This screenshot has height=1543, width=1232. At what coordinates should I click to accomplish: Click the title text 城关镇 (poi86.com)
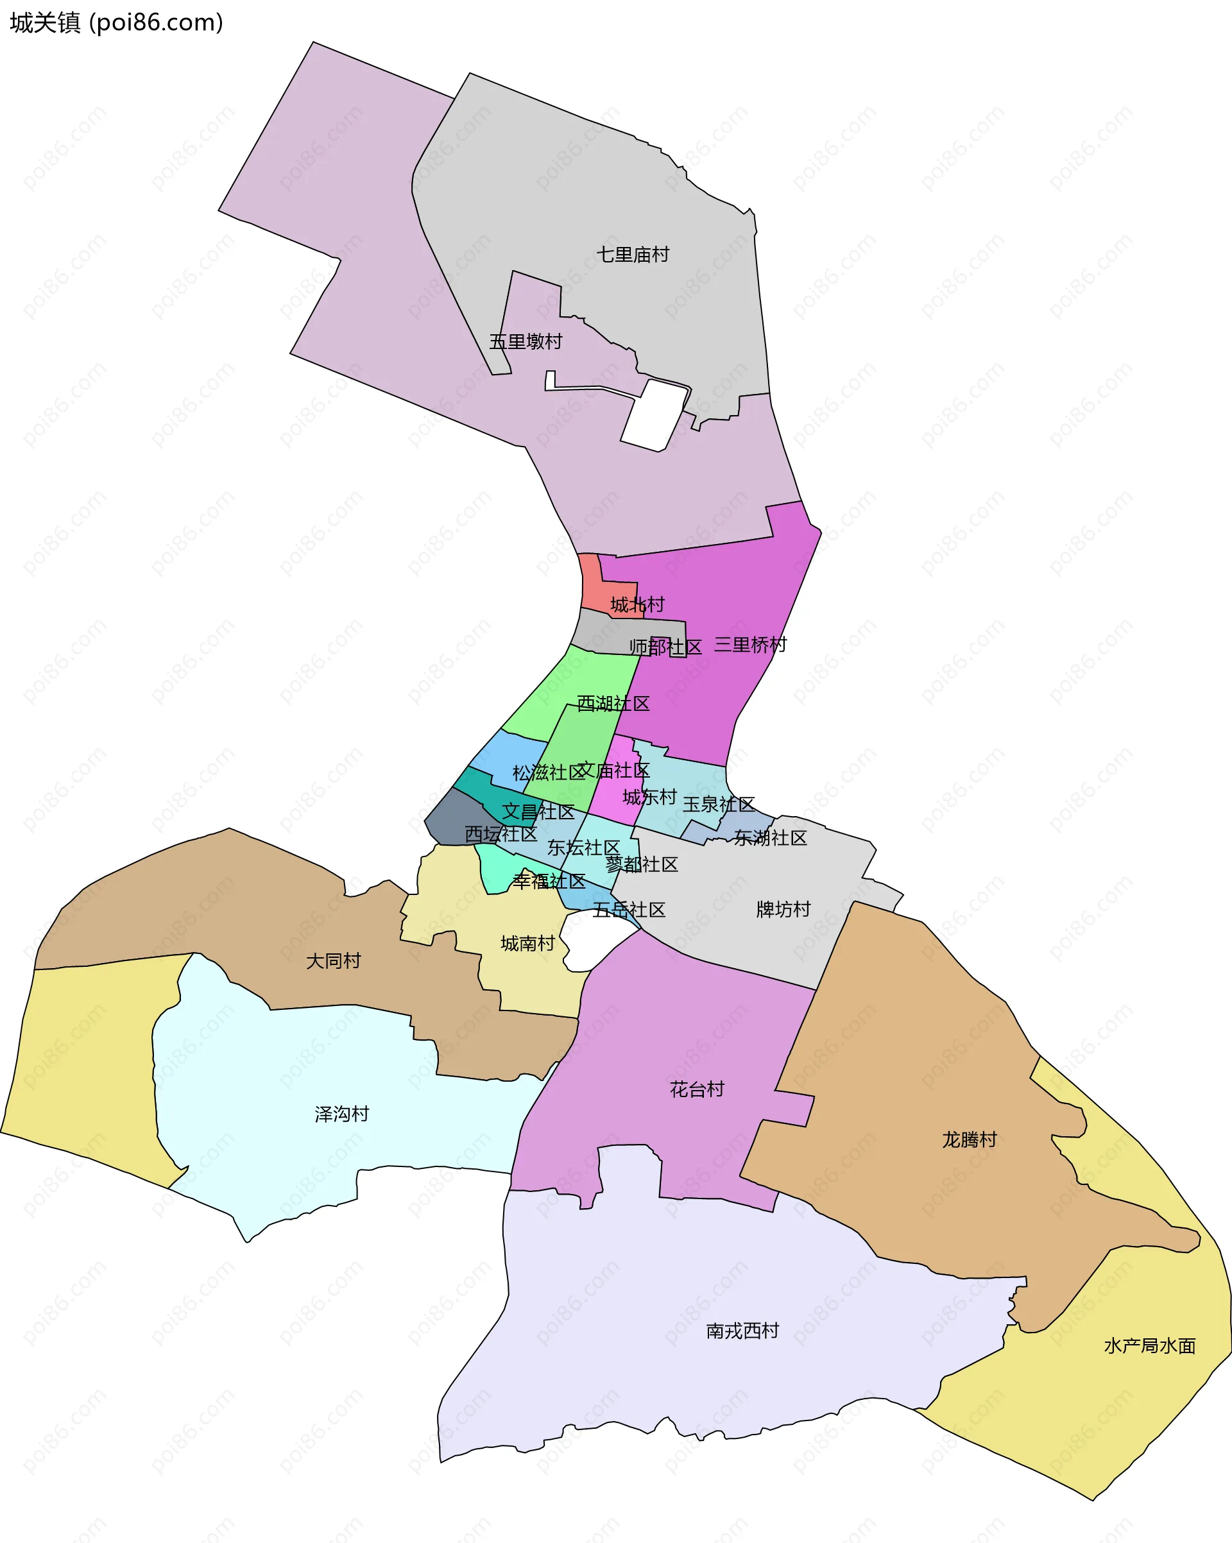point(117,23)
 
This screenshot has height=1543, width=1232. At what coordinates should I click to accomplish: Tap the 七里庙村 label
point(633,255)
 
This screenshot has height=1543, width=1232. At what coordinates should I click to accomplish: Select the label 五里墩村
point(526,341)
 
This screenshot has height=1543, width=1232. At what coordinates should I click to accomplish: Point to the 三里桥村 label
point(750,645)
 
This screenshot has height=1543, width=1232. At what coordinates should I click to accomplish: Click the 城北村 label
point(637,605)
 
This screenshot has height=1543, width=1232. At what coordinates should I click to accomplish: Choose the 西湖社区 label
point(613,704)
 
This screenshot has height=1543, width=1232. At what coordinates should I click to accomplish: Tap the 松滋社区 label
point(549,772)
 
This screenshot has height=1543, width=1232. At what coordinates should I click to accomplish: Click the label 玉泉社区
point(719,804)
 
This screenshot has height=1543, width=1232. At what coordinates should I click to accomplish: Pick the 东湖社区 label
point(770,837)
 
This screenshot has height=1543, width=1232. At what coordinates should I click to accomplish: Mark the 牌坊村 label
point(783,909)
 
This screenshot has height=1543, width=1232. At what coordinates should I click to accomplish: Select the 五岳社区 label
point(629,910)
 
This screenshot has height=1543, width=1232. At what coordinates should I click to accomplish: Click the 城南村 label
point(527,943)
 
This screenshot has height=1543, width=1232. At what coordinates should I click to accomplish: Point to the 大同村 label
point(334,960)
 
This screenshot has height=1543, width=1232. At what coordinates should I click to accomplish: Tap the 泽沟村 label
point(342,1114)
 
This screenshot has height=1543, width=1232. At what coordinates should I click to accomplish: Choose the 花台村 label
point(697,1089)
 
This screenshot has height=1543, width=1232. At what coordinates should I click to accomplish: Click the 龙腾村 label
point(970,1139)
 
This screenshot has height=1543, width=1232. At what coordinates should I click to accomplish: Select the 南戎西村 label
point(742,1331)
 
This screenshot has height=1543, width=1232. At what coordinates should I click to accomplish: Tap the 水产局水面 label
point(1150,1345)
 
